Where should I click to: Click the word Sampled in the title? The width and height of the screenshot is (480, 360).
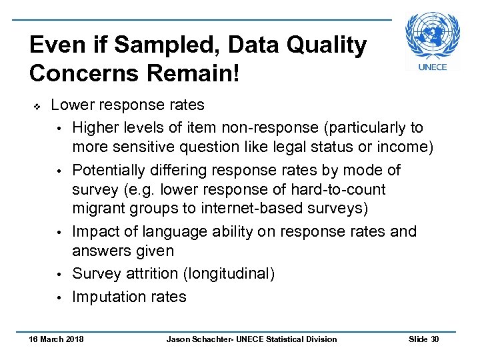(x=138, y=45)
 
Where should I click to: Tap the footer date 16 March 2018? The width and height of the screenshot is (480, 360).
(x=56, y=339)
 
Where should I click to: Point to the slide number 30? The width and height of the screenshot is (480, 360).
(x=435, y=339)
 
